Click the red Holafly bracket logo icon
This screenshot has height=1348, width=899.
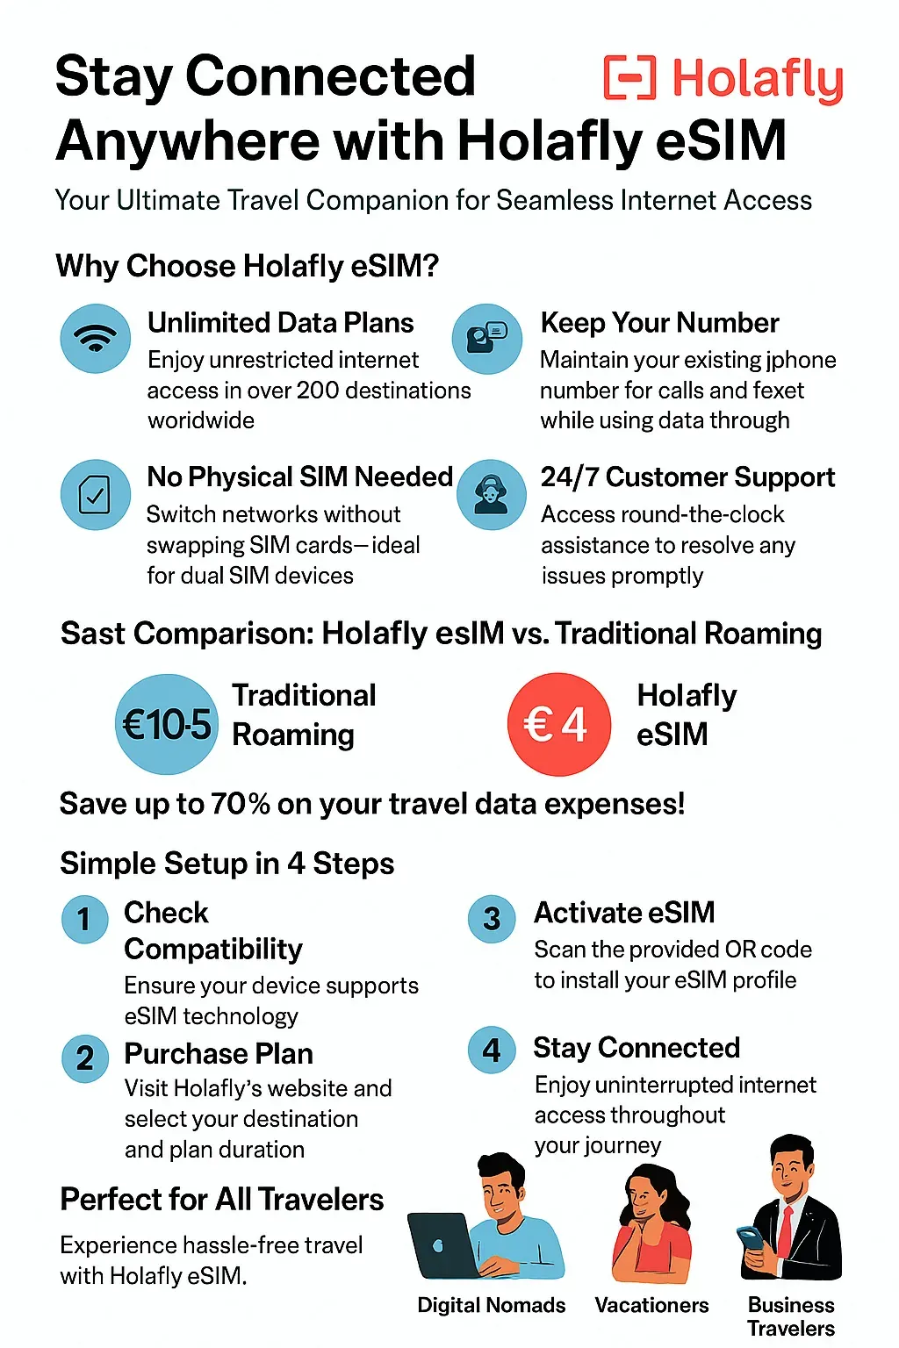point(629,77)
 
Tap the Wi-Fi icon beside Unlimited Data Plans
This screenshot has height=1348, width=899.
point(95,338)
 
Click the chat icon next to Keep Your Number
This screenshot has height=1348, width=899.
point(487,338)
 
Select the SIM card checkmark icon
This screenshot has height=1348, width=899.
point(95,495)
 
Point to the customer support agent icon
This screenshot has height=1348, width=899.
point(492,495)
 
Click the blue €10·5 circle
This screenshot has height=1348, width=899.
point(166,724)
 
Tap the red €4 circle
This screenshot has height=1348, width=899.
point(558,724)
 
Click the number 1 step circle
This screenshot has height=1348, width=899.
point(85,919)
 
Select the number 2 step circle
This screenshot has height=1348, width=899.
point(85,1058)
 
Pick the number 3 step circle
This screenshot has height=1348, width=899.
point(492,918)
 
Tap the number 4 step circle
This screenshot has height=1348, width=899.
point(492,1050)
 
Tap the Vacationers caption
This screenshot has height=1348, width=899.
point(651,1305)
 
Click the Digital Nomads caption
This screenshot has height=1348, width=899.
point(492,1305)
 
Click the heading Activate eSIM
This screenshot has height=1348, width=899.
point(624,913)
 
